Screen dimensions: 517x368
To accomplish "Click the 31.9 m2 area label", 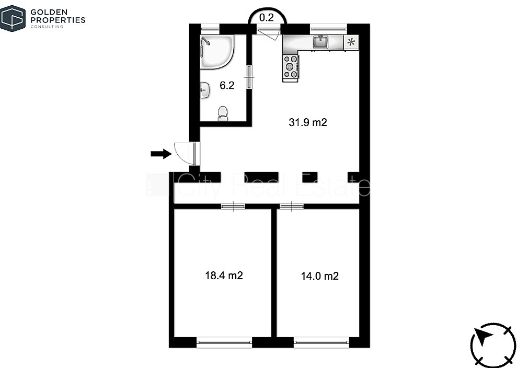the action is pyautogui.click(x=307, y=122).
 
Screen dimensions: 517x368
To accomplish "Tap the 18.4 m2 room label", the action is pyautogui.click(x=224, y=275).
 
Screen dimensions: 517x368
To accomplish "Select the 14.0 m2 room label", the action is pyautogui.click(x=319, y=276).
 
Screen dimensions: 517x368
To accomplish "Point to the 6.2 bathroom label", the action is pyautogui.click(x=227, y=85).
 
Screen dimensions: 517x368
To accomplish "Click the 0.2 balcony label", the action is pyautogui.click(x=267, y=17).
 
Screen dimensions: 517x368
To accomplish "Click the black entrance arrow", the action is pyautogui.click(x=161, y=154).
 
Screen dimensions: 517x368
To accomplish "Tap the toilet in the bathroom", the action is pyautogui.click(x=223, y=113).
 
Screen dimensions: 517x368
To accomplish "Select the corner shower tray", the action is pyautogui.click(x=217, y=52).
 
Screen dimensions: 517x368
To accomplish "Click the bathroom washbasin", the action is pyautogui.click(x=205, y=90).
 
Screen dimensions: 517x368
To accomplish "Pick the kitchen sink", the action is pyautogui.click(x=321, y=42).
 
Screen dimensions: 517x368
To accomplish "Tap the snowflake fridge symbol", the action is pyautogui.click(x=351, y=42).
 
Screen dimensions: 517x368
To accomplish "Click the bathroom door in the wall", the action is pyautogui.click(x=249, y=77).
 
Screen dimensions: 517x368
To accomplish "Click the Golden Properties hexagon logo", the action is pyautogui.click(x=13, y=18).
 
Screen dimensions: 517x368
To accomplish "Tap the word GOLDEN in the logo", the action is pyautogui.click(x=49, y=13).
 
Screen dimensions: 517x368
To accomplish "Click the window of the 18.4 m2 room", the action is pyautogui.click(x=225, y=342).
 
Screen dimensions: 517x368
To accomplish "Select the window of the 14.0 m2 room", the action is pyautogui.click(x=321, y=342).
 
